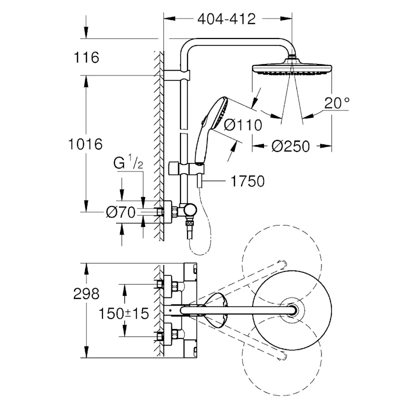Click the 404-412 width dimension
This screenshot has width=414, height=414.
(x=226, y=19)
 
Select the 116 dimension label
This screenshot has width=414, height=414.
(x=85, y=57)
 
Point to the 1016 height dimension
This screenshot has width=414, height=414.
(x=85, y=144)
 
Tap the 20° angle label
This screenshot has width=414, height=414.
(x=336, y=103)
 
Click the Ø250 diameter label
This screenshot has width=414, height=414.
(x=290, y=146)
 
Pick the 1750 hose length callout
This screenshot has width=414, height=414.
(x=247, y=181)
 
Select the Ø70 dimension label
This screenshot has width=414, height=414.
(x=120, y=212)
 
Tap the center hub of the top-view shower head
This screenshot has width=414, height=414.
(x=292, y=310)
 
